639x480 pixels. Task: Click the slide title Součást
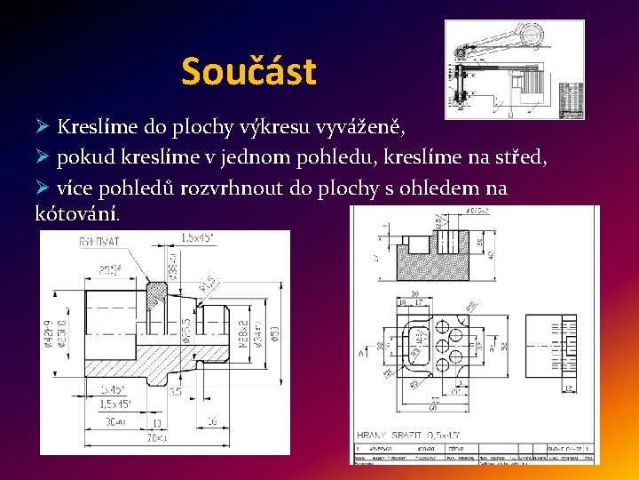click(248, 71)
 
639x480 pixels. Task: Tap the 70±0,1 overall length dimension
click(159, 438)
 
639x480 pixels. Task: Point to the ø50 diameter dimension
click(276, 331)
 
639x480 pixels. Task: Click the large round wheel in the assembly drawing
click(534, 36)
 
